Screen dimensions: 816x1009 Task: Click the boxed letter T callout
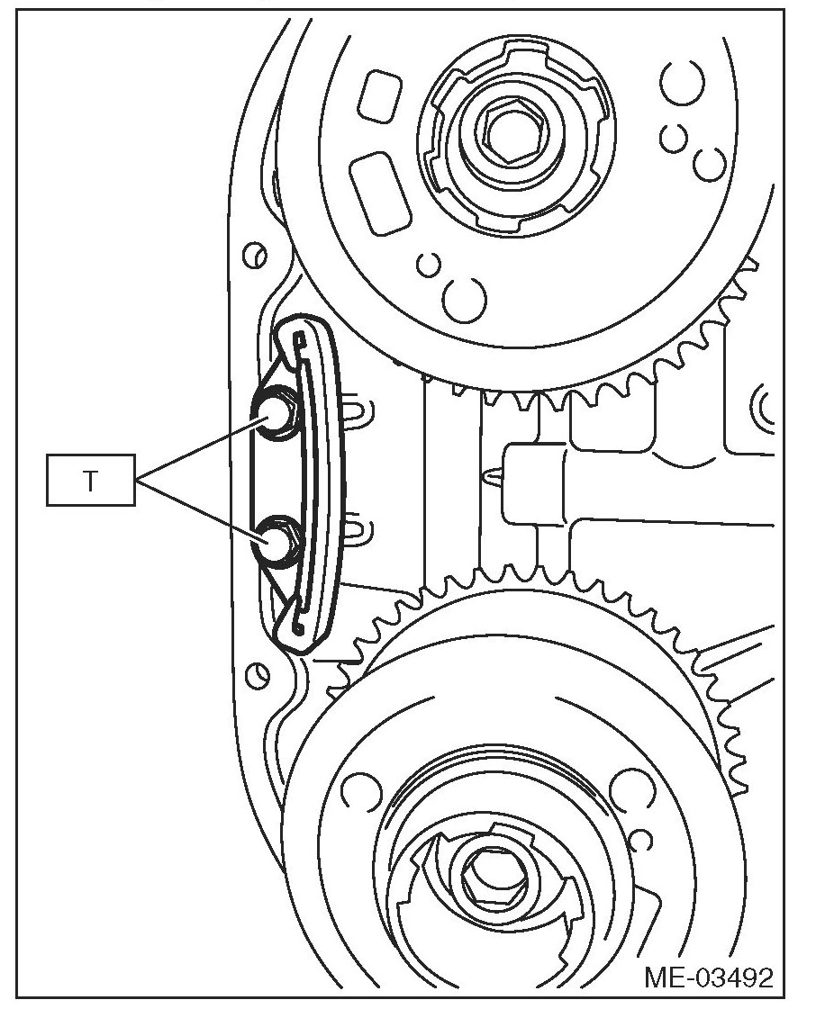91,481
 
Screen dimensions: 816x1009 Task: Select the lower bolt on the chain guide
274,542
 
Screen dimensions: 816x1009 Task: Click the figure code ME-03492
709,977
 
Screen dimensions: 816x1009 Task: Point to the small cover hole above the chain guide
256,255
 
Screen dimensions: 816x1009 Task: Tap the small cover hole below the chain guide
259,672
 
